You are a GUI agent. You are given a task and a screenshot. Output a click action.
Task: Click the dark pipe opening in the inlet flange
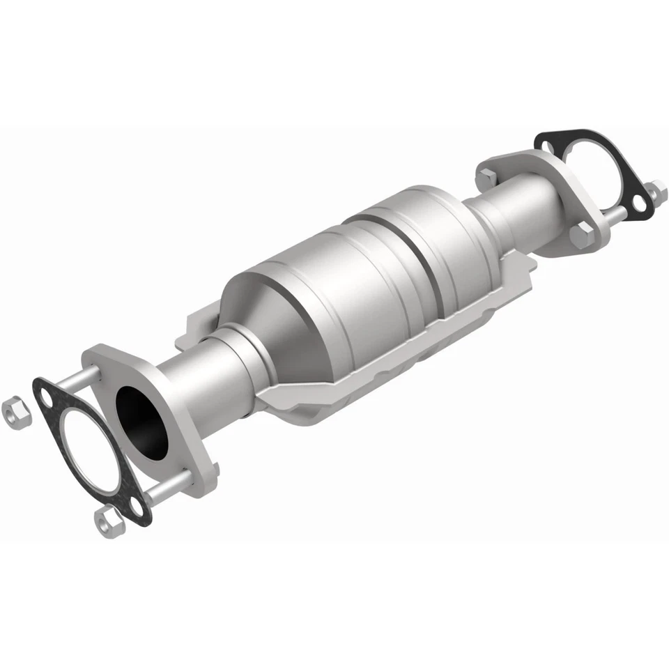pyautogui.click(x=142, y=421)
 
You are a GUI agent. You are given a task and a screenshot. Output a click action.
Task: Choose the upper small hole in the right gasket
pyautogui.click(x=550, y=146)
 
